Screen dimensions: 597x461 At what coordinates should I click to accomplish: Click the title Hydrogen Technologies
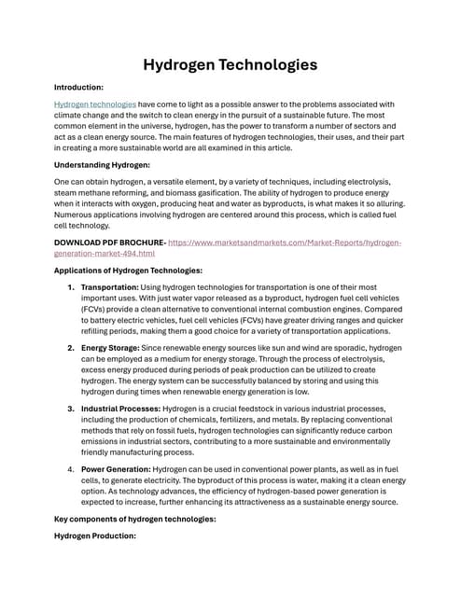(230, 64)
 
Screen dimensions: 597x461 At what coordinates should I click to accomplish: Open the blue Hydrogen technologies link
(95, 104)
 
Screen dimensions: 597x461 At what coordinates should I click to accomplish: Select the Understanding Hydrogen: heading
(102, 165)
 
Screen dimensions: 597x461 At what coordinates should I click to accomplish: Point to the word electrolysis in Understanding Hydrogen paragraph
(371, 182)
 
